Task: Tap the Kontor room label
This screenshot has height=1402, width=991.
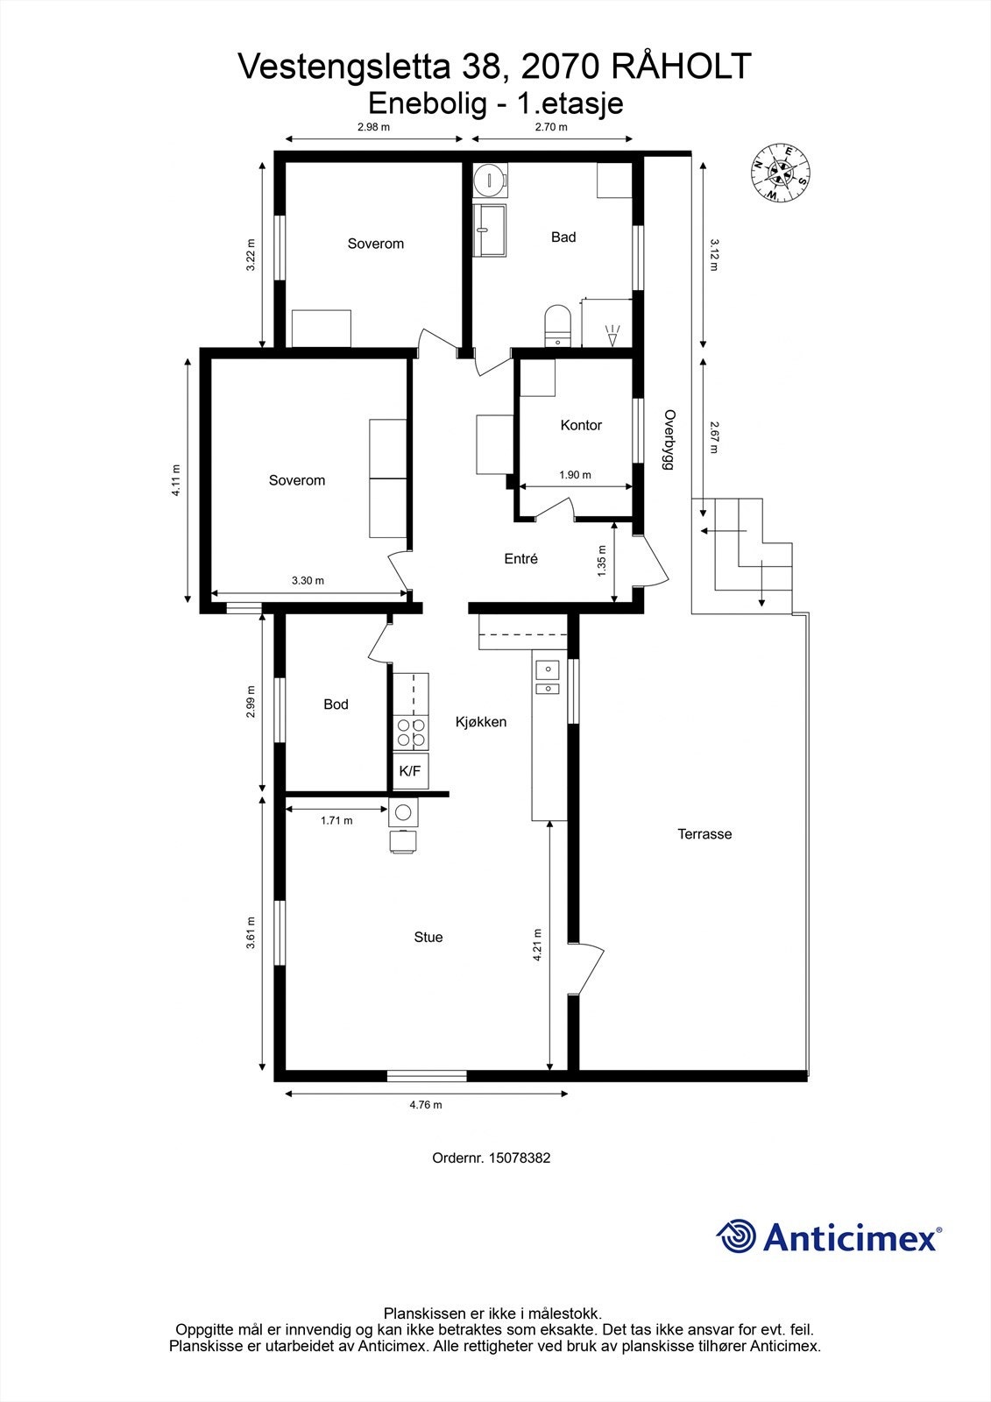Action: (x=581, y=425)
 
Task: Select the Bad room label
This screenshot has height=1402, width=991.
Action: (x=563, y=237)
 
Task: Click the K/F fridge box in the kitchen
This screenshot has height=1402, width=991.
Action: (x=410, y=771)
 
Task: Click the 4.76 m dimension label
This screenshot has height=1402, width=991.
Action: (x=426, y=1105)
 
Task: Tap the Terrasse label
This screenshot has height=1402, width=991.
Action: (x=704, y=834)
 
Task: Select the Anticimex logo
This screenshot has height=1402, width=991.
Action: (x=829, y=1236)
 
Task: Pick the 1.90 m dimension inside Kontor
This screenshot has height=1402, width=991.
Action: (x=575, y=475)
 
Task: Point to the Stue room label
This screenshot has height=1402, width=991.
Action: (x=428, y=937)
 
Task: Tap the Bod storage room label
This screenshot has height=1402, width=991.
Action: (x=336, y=704)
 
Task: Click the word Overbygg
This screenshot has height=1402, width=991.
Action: (x=669, y=442)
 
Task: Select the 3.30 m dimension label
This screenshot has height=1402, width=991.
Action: (x=308, y=580)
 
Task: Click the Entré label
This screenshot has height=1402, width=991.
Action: (x=520, y=558)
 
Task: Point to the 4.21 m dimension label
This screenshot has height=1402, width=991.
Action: (x=537, y=945)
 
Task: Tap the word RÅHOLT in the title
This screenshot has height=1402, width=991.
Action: (x=681, y=67)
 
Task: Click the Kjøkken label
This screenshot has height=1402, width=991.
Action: (x=481, y=722)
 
